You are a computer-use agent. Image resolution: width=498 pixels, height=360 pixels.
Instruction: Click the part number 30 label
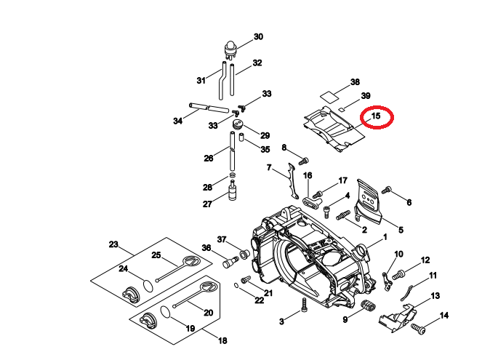(258, 36)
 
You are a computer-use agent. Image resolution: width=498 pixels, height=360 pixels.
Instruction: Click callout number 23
(113, 244)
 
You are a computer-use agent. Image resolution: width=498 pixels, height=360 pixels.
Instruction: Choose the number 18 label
(222, 340)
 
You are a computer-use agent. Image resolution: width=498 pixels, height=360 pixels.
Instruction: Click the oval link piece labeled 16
(311, 201)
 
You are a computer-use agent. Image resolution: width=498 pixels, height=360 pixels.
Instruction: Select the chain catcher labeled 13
(396, 316)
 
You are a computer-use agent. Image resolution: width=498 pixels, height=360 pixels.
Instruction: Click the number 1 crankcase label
(385, 237)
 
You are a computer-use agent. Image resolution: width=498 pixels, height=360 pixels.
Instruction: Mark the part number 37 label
(222, 239)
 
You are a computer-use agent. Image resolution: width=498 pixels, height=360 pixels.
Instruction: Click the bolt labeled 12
(400, 274)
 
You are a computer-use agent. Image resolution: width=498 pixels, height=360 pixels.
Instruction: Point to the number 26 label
(208, 158)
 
